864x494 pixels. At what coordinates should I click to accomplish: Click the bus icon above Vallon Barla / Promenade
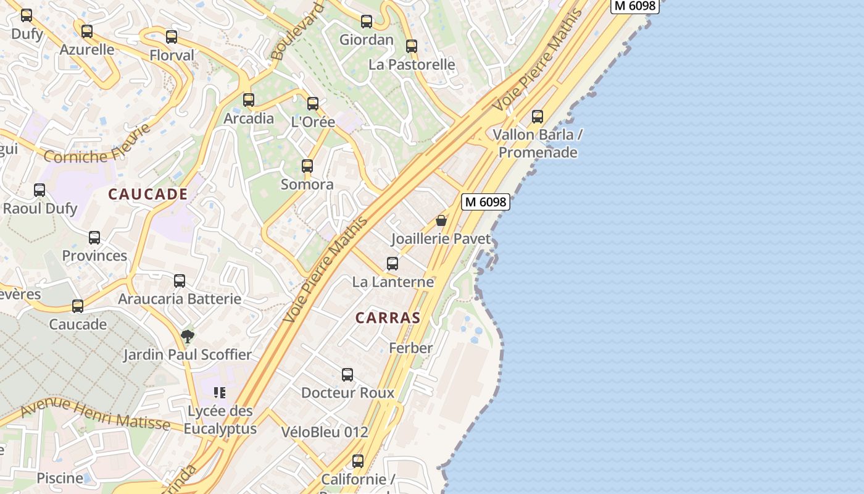pos(538,116)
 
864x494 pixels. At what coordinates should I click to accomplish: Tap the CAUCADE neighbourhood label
pos(148,194)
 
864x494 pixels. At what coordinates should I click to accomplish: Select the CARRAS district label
pos(388,318)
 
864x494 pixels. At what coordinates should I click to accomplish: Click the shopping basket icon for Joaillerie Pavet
pos(441,220)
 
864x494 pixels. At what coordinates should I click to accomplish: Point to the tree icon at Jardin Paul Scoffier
pos(188,337)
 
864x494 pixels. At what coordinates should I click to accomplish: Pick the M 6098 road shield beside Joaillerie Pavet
pos(486,201)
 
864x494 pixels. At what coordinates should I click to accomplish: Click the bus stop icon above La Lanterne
pos(393,264)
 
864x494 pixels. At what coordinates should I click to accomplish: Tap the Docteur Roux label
pos(347,393)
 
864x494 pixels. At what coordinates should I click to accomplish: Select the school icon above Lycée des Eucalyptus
pos(220,392)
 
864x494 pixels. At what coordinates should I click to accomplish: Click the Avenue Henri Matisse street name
pos(95,414)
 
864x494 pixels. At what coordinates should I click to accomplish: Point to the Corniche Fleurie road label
pos(98,146)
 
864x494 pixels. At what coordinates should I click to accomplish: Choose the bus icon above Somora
pos(307,165)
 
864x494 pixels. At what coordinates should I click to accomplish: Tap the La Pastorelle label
pos(412,64)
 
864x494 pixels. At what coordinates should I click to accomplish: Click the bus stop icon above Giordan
pos(367,22)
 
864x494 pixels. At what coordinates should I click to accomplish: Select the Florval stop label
pos(172,55)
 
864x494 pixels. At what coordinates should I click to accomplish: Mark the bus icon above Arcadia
pos(249,99)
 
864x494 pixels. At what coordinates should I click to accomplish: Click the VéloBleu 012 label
pos(325,432)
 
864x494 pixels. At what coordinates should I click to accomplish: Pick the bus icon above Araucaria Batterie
pos(180,281)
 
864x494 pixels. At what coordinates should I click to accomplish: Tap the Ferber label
pos(410,348)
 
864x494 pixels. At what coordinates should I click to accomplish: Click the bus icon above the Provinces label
pos(94,238)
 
